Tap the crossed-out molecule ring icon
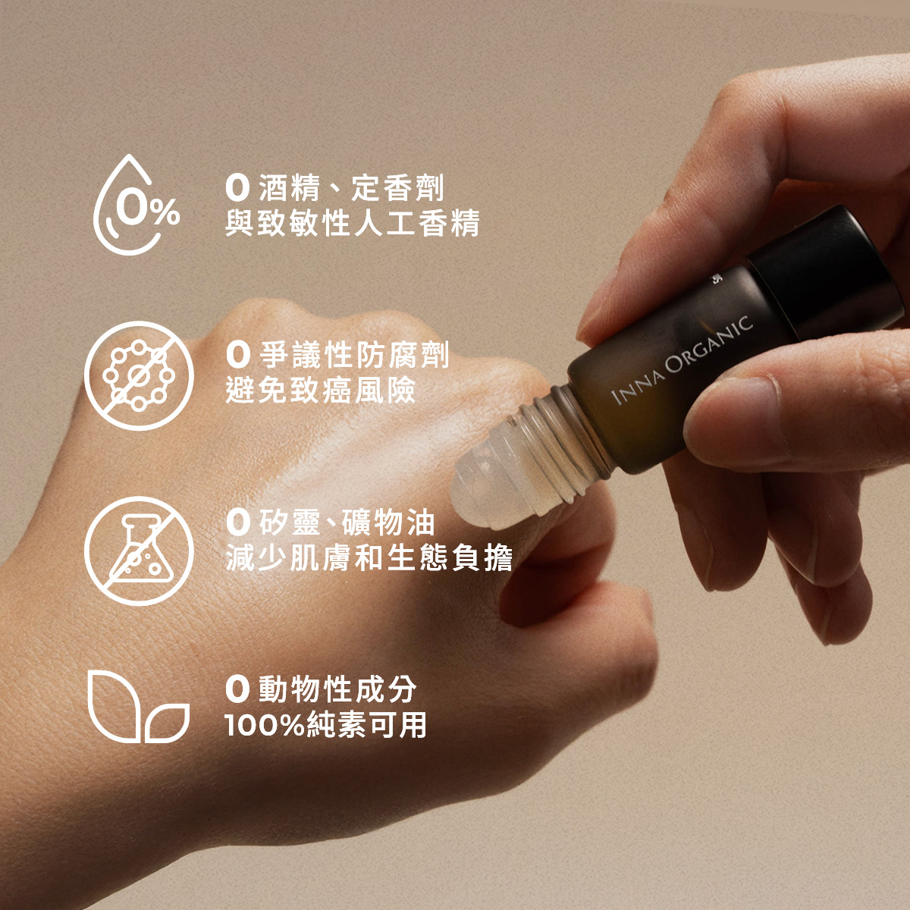[139, 375]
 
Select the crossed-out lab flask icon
[139, 550]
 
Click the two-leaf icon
[136, 707]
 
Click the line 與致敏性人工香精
[353, 224]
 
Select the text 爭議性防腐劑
[354, 354]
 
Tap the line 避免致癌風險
[321, 390]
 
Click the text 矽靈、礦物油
[347, 522]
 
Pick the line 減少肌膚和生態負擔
[369, 557]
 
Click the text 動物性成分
[337, 689]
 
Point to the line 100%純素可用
[326, 725]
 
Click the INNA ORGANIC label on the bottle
[682, 359]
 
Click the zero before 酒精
[237, 187]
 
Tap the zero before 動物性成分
[237, 689]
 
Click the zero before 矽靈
[237, 522]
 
